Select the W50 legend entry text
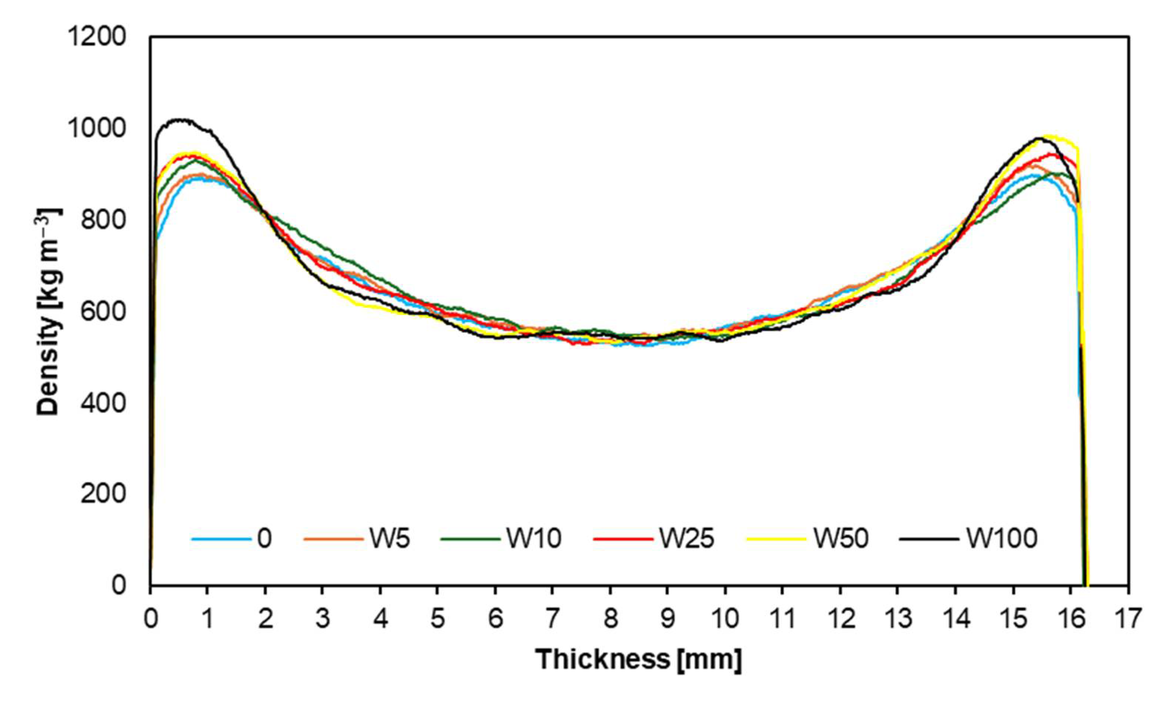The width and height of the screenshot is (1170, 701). (841, 538)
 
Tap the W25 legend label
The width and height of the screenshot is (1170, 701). (687, 538)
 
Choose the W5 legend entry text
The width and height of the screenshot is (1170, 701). (390, 538)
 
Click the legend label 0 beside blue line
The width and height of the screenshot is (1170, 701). (265, 538)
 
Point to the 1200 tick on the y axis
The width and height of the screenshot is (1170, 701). (97, 37)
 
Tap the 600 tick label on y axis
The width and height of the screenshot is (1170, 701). (103, 311)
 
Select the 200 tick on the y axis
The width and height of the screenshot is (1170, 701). (103, 494)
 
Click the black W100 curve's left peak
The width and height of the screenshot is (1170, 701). (179, 120)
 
